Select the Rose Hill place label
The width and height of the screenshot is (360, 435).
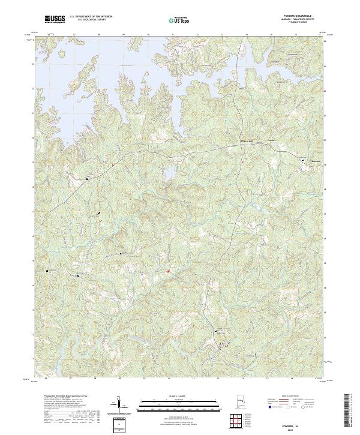247,141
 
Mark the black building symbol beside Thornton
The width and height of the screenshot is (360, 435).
302,160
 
